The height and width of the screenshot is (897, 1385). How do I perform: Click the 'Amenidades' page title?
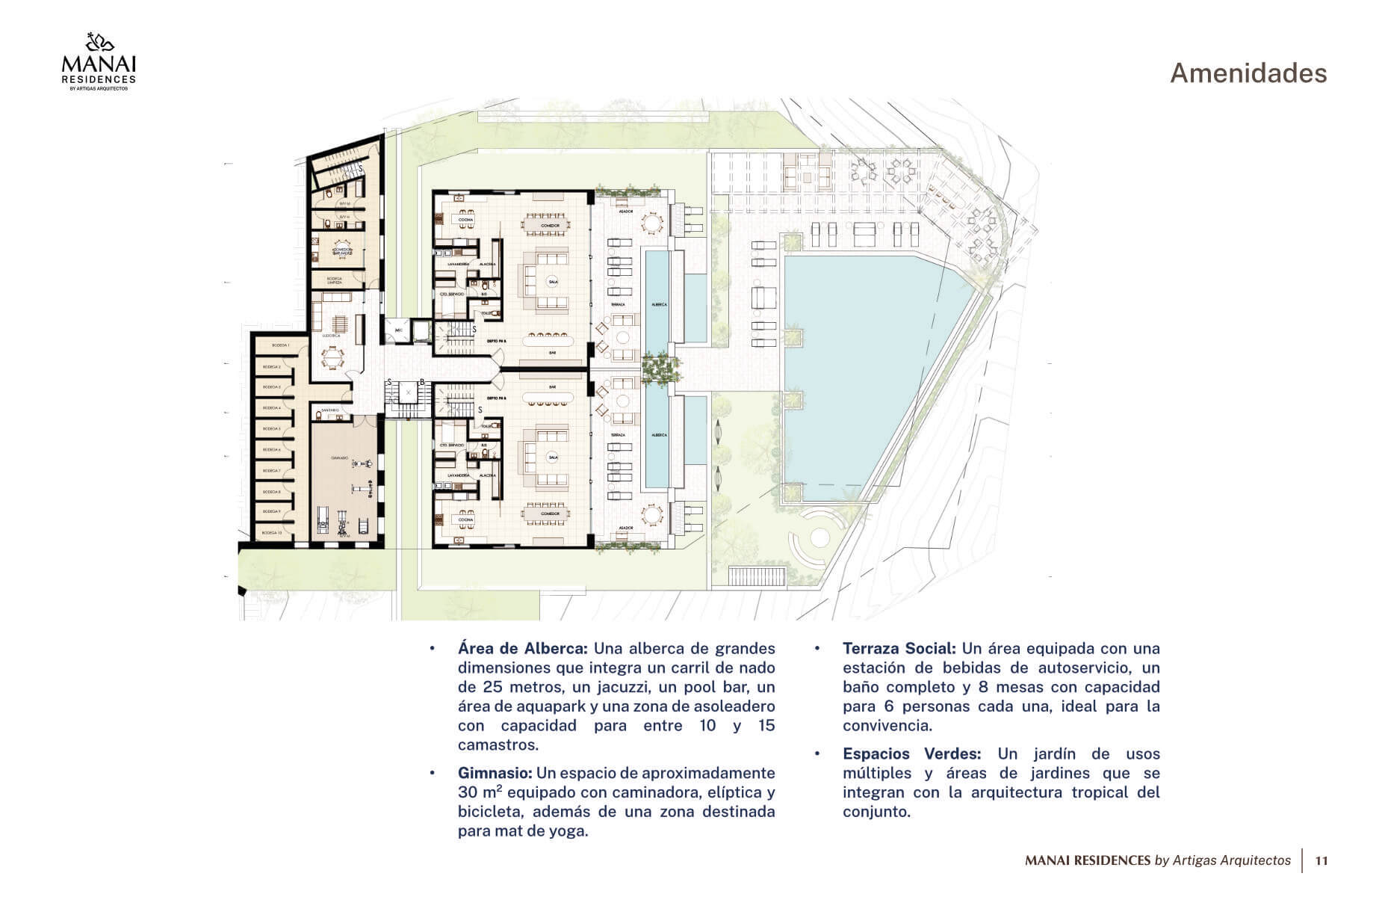[x=1248, y=73]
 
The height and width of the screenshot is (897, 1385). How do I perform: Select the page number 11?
[x=1321, y=860]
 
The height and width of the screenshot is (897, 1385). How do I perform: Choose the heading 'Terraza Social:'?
[x=899, y=648]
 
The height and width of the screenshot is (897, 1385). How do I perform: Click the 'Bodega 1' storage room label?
[x=281, y=345]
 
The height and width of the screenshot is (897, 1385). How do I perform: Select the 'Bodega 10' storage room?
[x=272, y=533]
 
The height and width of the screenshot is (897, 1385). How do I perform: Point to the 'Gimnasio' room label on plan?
[x=340, y=458]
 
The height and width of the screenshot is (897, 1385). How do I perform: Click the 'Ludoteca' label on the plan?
[x=332, y=336]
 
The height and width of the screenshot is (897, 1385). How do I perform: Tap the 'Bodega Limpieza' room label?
[x=335, y=280]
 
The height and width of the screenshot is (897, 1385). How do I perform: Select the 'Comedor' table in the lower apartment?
[x=551, y=514]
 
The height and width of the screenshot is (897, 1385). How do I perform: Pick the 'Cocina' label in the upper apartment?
[x=465, y=219]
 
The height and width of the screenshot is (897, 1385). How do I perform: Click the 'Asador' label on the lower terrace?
[x=626, y=528]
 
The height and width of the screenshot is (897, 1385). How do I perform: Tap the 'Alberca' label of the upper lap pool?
[x=659, y=305]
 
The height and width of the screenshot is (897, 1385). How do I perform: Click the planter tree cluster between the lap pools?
[x=660, y=369]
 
